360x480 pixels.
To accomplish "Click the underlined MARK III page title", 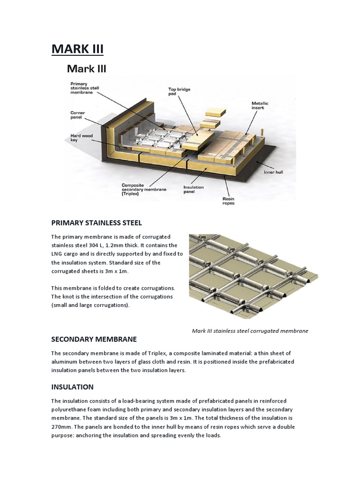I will pyautogui.click(x=77, y=49).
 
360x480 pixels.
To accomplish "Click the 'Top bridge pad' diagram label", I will pyautogui.click(x=179, y=91).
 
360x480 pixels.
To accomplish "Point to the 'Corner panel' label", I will pyautogui.click(x=77, y=115).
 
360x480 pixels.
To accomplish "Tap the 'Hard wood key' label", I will pyautogui.click(x=81, y=138).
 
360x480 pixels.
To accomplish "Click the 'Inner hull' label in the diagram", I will pyautogui.click(x=274, y=172).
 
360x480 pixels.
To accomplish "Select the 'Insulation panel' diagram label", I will pyautogui.click(x=194, y=189).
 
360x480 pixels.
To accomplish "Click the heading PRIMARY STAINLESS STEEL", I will pyautogui.click(x=96, y=223).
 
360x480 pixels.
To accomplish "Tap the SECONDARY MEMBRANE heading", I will pyautogui.click(x=94, y=339).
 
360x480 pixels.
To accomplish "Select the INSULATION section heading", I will pyautogui.click(x=72, y=387).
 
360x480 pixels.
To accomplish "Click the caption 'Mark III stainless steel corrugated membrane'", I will pyautogui.click(x=250, y=331).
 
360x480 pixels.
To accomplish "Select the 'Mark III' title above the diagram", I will pyautogui.click(x=87, y=69).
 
